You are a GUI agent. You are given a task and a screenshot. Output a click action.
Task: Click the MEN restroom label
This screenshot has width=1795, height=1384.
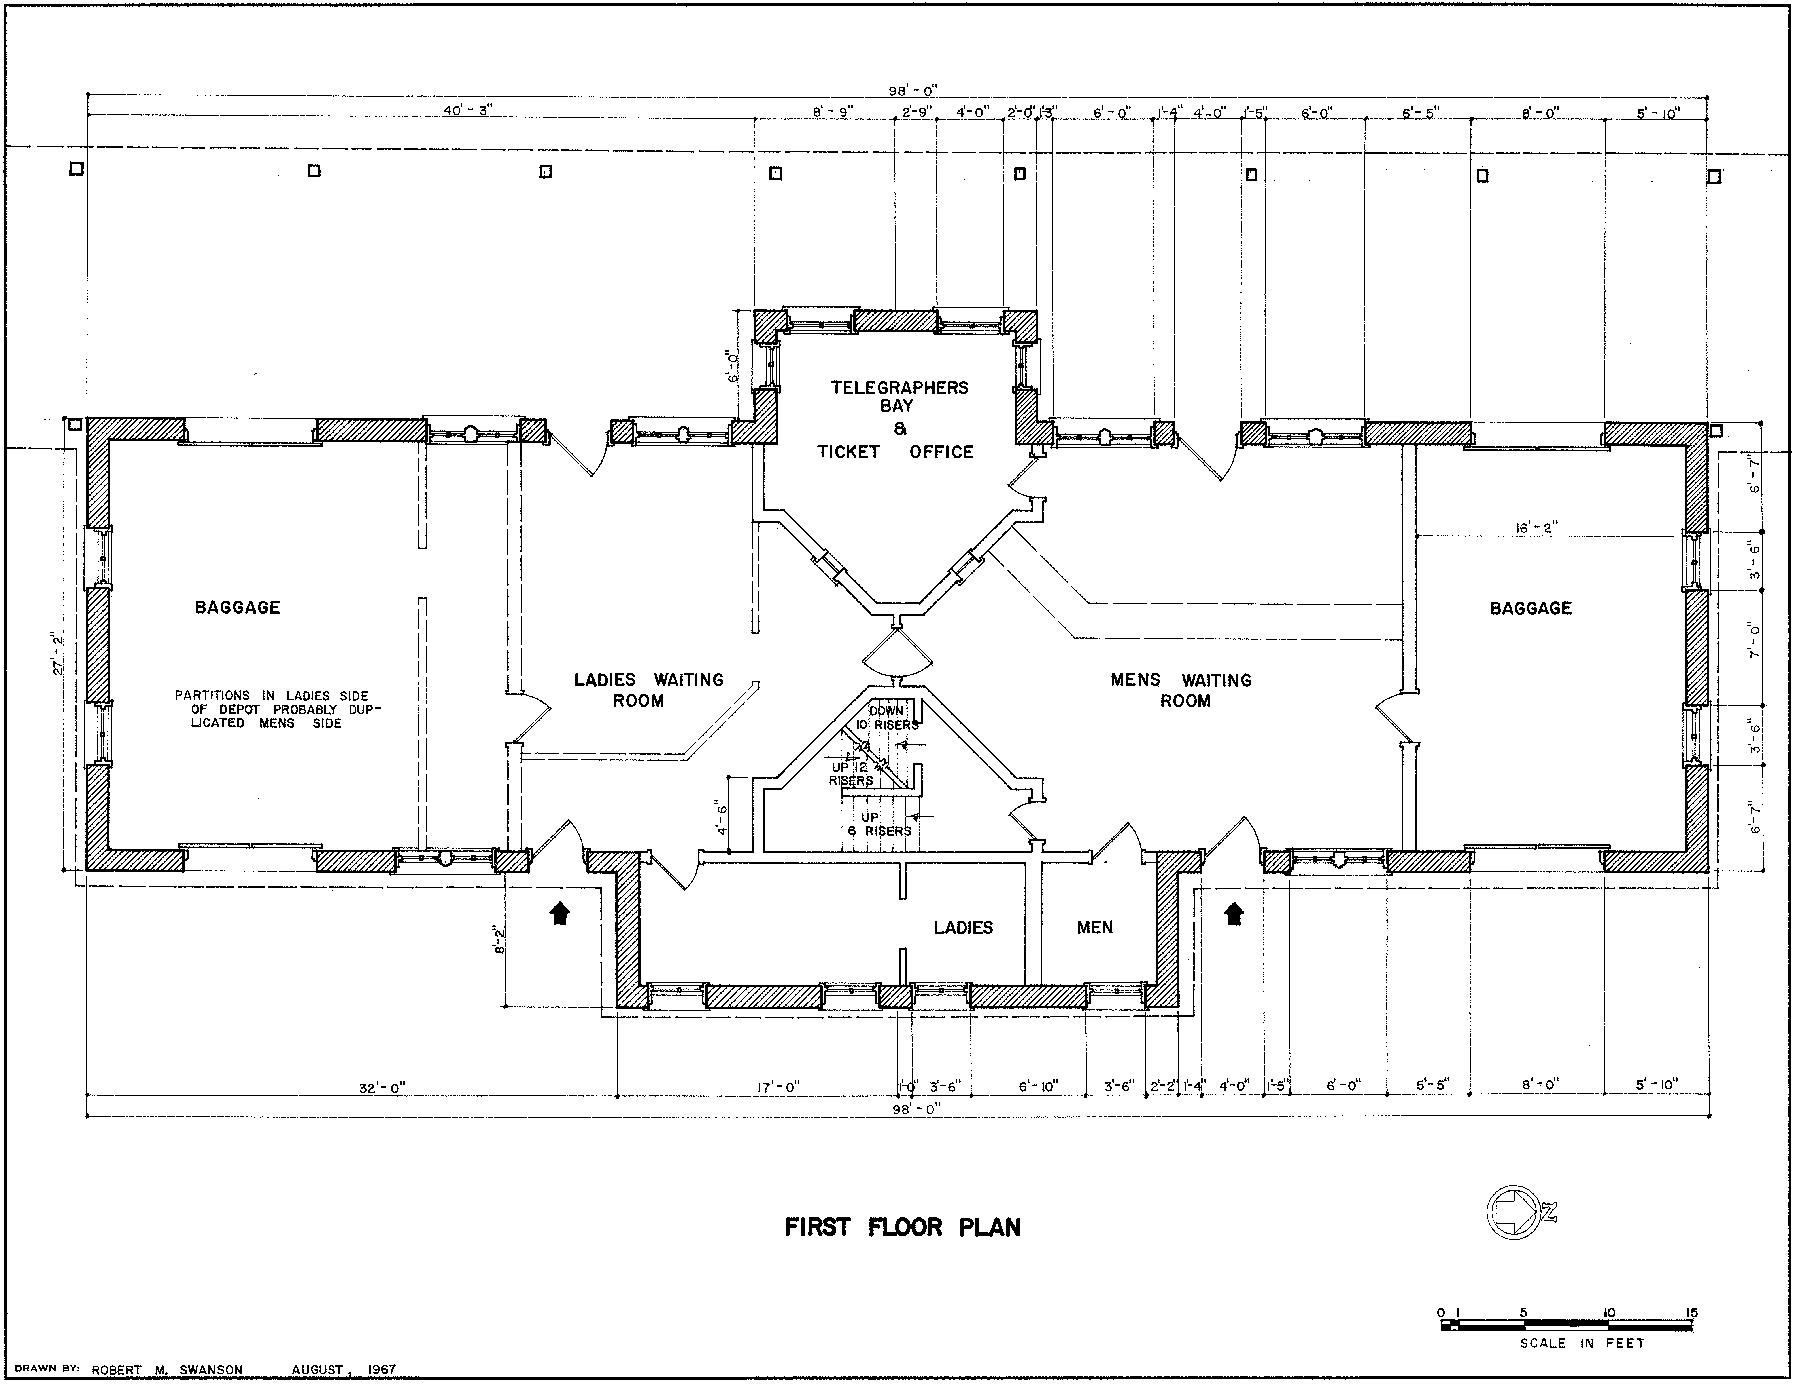click(1095, 928)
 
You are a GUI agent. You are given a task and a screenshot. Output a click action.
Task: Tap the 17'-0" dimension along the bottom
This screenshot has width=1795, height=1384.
click(778, 1087)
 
